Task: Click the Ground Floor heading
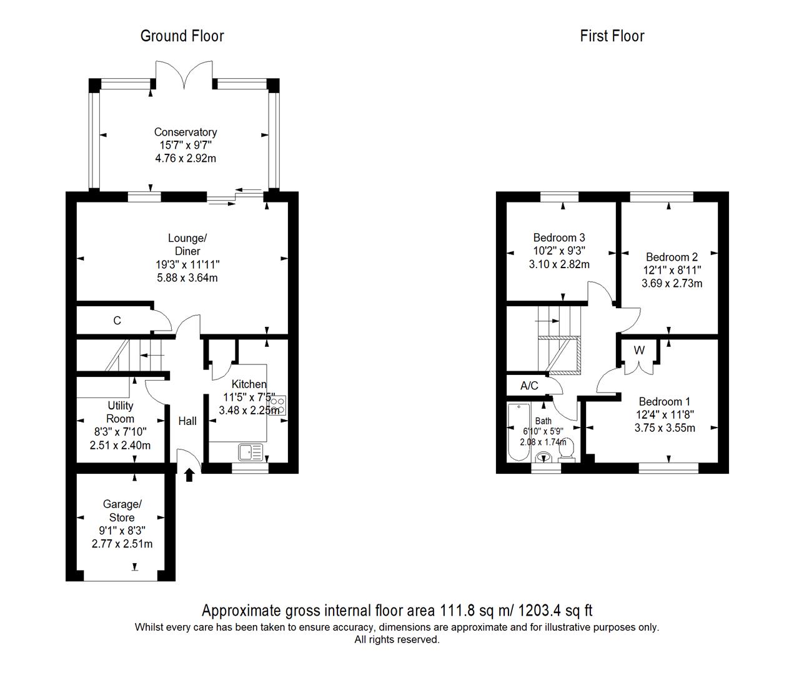182,36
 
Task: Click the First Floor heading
612,36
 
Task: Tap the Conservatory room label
186,132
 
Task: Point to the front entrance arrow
189,475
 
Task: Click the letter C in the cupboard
117,320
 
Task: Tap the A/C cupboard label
529,386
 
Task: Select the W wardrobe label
639,350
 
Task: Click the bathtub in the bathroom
519,432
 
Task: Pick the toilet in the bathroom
567,451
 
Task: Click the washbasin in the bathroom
543,458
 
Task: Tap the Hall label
187,421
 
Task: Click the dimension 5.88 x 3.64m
187,277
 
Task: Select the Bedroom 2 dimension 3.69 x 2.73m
672,283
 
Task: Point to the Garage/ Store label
122,511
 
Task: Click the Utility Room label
120,412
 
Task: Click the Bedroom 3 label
559,237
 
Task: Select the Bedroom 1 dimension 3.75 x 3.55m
665,428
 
